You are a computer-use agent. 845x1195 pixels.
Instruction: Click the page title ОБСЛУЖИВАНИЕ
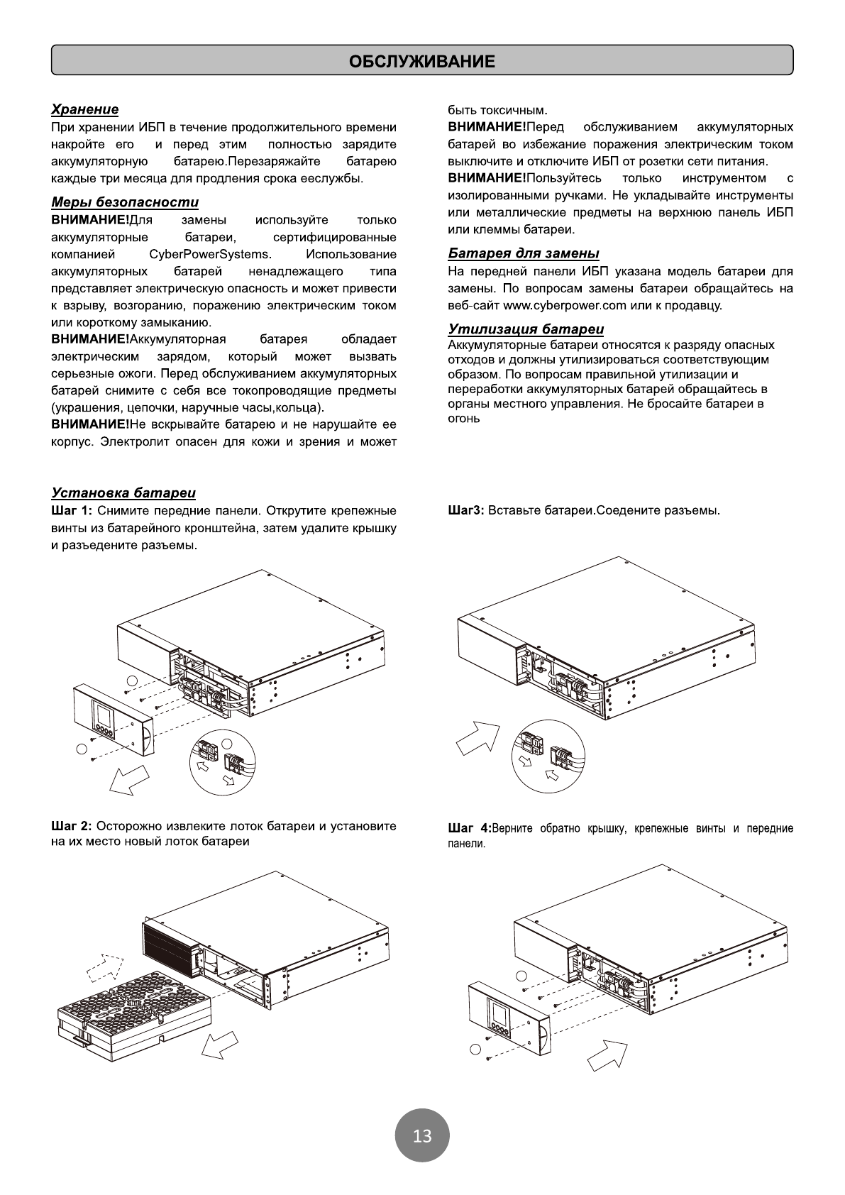click(x=421, y=61)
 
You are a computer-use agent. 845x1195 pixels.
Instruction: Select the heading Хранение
click(x=84, y=109)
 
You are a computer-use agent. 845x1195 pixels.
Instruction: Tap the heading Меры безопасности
click(x=125, y=203)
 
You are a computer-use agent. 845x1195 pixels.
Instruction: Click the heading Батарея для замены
click(x=524, y=253)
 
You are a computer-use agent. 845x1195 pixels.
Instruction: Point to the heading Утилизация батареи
click(x=526, y=329)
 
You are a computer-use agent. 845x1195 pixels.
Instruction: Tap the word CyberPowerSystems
click(x=210, y=254)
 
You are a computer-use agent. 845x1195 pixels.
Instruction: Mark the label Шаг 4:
click(x=468, y=829)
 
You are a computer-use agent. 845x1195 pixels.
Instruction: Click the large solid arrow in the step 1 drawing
click(x=130, y=779)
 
